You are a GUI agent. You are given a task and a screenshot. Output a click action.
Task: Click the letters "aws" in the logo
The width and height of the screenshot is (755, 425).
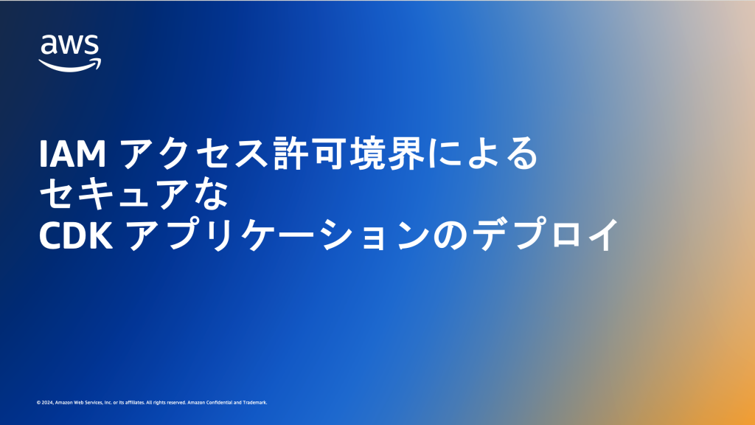(69, 46)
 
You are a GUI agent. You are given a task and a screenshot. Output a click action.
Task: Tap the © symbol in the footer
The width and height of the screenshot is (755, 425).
(38, 403)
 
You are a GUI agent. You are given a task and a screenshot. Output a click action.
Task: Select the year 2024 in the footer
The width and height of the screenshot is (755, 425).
(46, 403)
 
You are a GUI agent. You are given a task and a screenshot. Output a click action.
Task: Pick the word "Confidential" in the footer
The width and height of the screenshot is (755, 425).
(220, 403)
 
